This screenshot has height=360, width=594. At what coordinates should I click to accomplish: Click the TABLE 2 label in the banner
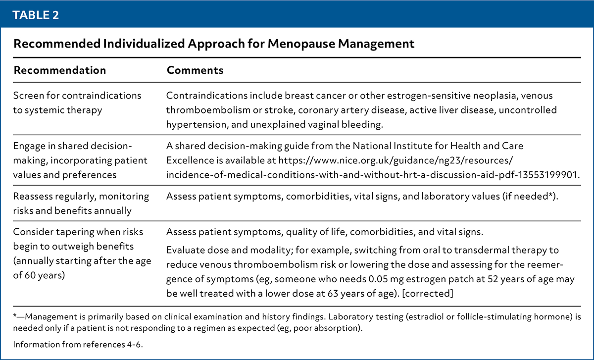click(x=36, y=15)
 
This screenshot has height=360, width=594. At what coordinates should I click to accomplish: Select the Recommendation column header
click(x=59, y=70)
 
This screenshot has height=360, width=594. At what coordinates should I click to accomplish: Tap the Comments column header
click(x=195, y=70)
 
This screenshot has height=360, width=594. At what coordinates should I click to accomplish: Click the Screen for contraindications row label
click(x=77, y=103)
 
